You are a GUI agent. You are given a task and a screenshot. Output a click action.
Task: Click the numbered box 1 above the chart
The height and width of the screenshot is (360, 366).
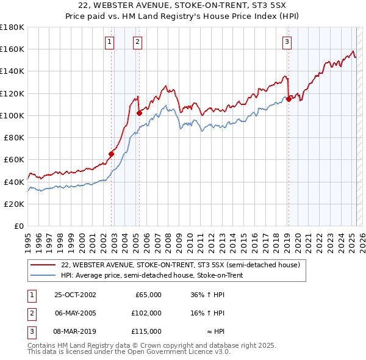[x=109, y=42]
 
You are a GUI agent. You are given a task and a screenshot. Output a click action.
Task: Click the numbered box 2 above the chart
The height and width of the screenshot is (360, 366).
[x=138, y=42]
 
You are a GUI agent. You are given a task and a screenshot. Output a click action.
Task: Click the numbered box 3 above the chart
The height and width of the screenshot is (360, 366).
[x=286, y=42]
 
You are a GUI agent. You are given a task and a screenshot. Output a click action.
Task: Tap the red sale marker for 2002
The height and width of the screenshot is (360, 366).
[x=112, y=154]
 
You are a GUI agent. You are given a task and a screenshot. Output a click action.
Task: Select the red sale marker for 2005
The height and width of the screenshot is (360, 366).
[x=139, y=113]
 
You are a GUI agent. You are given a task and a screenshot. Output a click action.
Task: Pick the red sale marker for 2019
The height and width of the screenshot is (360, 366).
[x=289, y=99]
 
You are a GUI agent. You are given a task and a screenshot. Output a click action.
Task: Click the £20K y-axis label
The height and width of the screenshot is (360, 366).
[x=14, y=204]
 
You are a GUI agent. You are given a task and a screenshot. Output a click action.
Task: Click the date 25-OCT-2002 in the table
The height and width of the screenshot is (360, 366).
[x=75, y=295]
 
